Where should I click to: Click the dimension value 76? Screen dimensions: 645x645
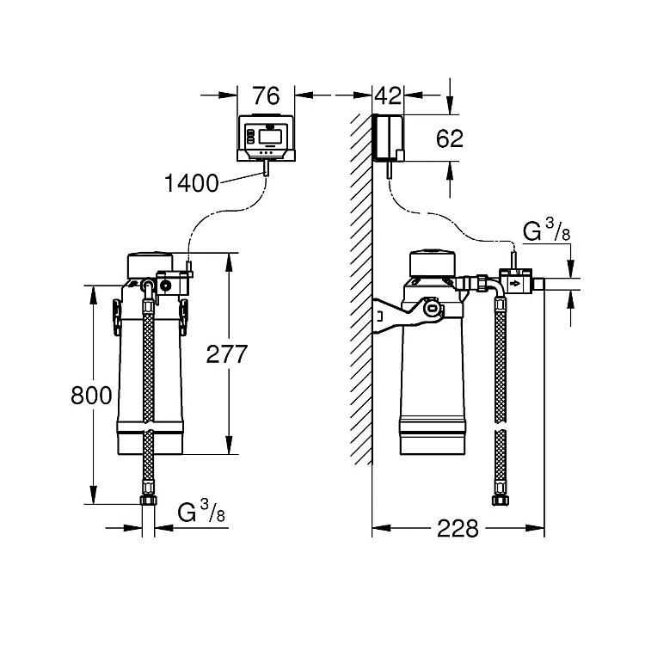pyautogui.click(x=266, y=95)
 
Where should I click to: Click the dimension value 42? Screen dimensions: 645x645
pyautogui.click(x=388, y=95)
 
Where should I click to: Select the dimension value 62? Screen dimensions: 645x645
pyautogui.click(x=450, y=138)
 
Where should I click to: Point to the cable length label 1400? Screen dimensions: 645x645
pyautogui.click(x=191, y=183)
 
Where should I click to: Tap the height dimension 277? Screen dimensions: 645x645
pyautogui.click(x=227, y=353)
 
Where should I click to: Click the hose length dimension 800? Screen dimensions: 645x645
pyautogui.click(x=91, y=396)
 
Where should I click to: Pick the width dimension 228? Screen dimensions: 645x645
pyautogui.click(x=458, y=528)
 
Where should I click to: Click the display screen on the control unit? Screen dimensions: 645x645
pyautogui.click(x=269, y=135)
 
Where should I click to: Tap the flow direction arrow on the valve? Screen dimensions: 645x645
pyautogui.click(x=514, y=284)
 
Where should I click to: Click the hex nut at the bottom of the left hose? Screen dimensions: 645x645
pyautogui.click(x=148, y=501)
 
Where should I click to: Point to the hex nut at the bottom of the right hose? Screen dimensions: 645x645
pyautogui.click(x=500, y=501)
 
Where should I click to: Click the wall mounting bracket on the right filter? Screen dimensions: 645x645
pyautogui.click(x=395, y=315)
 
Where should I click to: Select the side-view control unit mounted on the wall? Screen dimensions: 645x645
pyautogui.click(x=389, y=138)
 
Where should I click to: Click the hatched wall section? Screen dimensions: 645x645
pyautogui.click(x=361, y=289)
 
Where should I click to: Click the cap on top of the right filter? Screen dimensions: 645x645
pyautogui.click(x=433, y=263)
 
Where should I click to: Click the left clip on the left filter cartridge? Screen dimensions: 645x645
pyautogui.click(x=117, y=316)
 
